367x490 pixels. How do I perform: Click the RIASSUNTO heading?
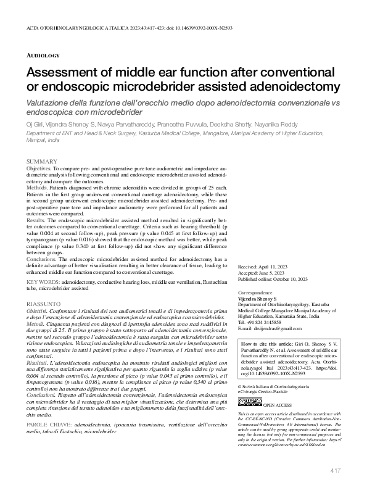pyautogui.click(x=43, y=304)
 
